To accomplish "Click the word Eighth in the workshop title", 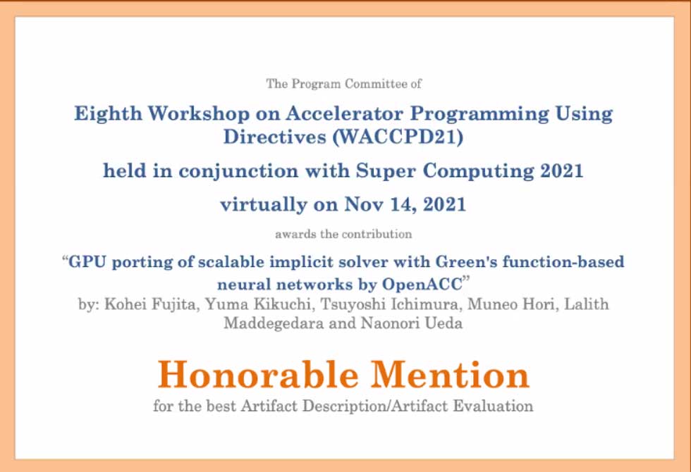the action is point(108,114).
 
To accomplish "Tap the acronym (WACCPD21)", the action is point(398,137).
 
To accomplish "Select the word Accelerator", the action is point(344,113).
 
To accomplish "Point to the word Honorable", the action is point(258,374).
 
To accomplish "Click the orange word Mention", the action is point(450,374).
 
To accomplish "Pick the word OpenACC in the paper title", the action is point(422,285).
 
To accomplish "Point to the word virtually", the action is point(263,205).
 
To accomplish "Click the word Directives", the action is point(274,137).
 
